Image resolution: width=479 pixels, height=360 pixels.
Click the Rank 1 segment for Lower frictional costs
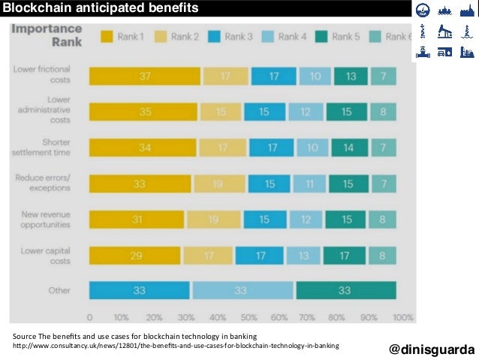pyautogui.click(x=144, y=76)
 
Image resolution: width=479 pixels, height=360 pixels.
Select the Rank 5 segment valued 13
pyautogui.click(x=350, y=76)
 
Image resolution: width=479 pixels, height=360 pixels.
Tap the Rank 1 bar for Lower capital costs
pyautogui.click(x=134, y=255)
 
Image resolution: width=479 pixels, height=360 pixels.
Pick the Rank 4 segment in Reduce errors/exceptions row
pyautogui.click(x=308, y=183)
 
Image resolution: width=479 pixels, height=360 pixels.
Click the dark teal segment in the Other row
pyautogui.click(x=345, y=290)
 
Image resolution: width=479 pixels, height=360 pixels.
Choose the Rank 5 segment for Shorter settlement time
pyautogui.click(x=348, y=147)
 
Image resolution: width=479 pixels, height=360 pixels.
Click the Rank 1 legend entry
pyautogui.click(x=125, y=36)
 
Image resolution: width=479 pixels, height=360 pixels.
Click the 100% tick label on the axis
pyautogui.click(x=402, y=316)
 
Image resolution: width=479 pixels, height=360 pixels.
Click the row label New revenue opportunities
pyautogui.click(x=46, y=219)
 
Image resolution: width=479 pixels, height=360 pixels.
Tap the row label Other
pyautogui.click(x=59, y=290)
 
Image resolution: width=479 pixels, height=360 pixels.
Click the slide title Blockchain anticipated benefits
pyautogui.click(x=101, y=8)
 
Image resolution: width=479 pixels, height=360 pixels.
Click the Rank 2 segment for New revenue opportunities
pyautogui.click(x=213, y=219)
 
